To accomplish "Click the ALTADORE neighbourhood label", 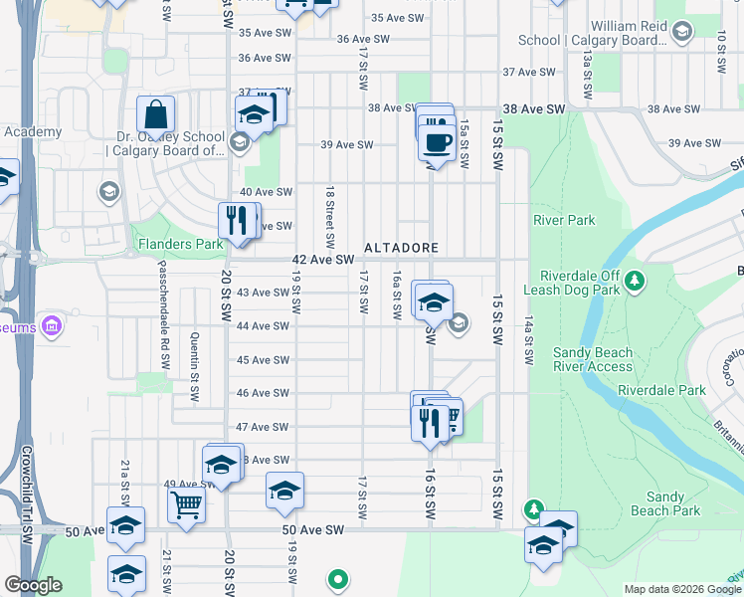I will (401, 247).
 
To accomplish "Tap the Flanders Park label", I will (180, 244).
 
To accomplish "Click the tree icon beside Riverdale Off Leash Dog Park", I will (633, 284).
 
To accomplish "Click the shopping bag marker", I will (156, 115).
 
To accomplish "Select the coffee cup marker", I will (439, 141).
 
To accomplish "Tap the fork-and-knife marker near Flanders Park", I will (237, 220).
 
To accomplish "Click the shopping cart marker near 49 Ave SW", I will (186, 504).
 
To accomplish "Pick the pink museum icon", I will (52, 325).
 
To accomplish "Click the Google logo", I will (33, 585).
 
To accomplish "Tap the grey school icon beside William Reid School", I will (682, 34).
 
